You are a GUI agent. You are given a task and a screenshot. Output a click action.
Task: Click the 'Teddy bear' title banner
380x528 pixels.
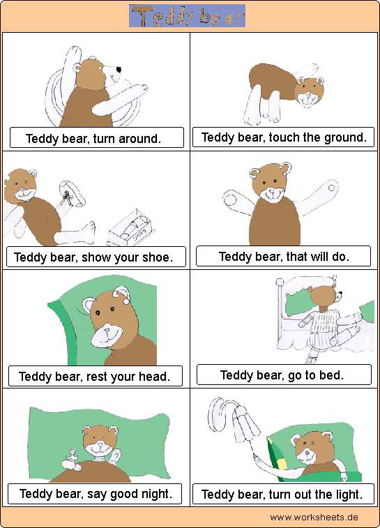[x=187, y=16]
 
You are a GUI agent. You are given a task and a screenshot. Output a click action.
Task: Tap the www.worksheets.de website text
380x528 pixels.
[x=314, y=518]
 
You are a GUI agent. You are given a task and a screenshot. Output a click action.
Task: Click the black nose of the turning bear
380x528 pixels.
[x=119, y=70]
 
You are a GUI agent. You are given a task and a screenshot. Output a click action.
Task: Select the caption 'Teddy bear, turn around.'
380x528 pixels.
[x=93, y=138]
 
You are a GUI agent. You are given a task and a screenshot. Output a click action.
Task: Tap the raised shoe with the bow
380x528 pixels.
[x=72, y=195]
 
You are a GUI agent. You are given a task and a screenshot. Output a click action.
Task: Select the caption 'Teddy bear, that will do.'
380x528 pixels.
[x=284, y=257]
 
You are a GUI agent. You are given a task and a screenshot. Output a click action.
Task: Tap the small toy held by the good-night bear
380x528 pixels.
[x=72, y=460]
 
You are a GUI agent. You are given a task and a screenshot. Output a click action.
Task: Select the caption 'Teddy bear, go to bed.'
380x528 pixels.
[x=282, y=375]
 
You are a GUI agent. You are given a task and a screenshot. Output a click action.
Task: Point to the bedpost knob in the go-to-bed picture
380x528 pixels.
[x=280, y=282]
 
